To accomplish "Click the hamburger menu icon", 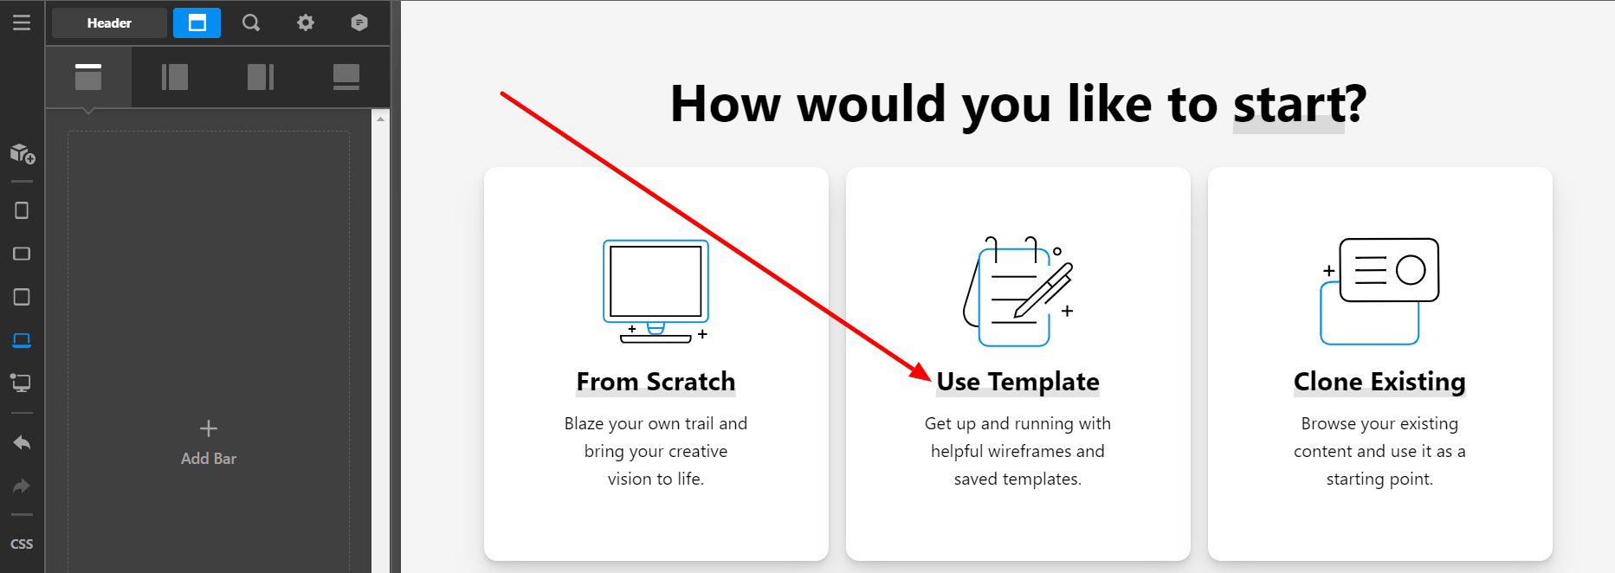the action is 22,23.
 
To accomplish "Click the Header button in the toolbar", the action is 109,23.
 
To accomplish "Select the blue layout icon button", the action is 197,23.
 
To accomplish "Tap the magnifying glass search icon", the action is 251,23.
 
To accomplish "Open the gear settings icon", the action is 306,23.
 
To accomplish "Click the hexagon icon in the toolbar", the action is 359,23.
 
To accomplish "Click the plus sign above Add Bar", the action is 209,428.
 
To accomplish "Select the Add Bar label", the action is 209,459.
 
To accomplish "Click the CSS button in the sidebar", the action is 22,544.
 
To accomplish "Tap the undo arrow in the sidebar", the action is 22,443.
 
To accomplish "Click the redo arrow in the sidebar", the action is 22,486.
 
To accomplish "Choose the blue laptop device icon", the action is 22,340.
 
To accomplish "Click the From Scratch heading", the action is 656,382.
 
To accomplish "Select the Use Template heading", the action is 1018,382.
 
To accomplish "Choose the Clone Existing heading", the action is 1379,382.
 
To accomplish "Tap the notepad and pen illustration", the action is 1018,292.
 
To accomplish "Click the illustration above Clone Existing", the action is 1379,292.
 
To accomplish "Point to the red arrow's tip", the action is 931,379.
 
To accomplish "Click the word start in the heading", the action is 1289,105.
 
